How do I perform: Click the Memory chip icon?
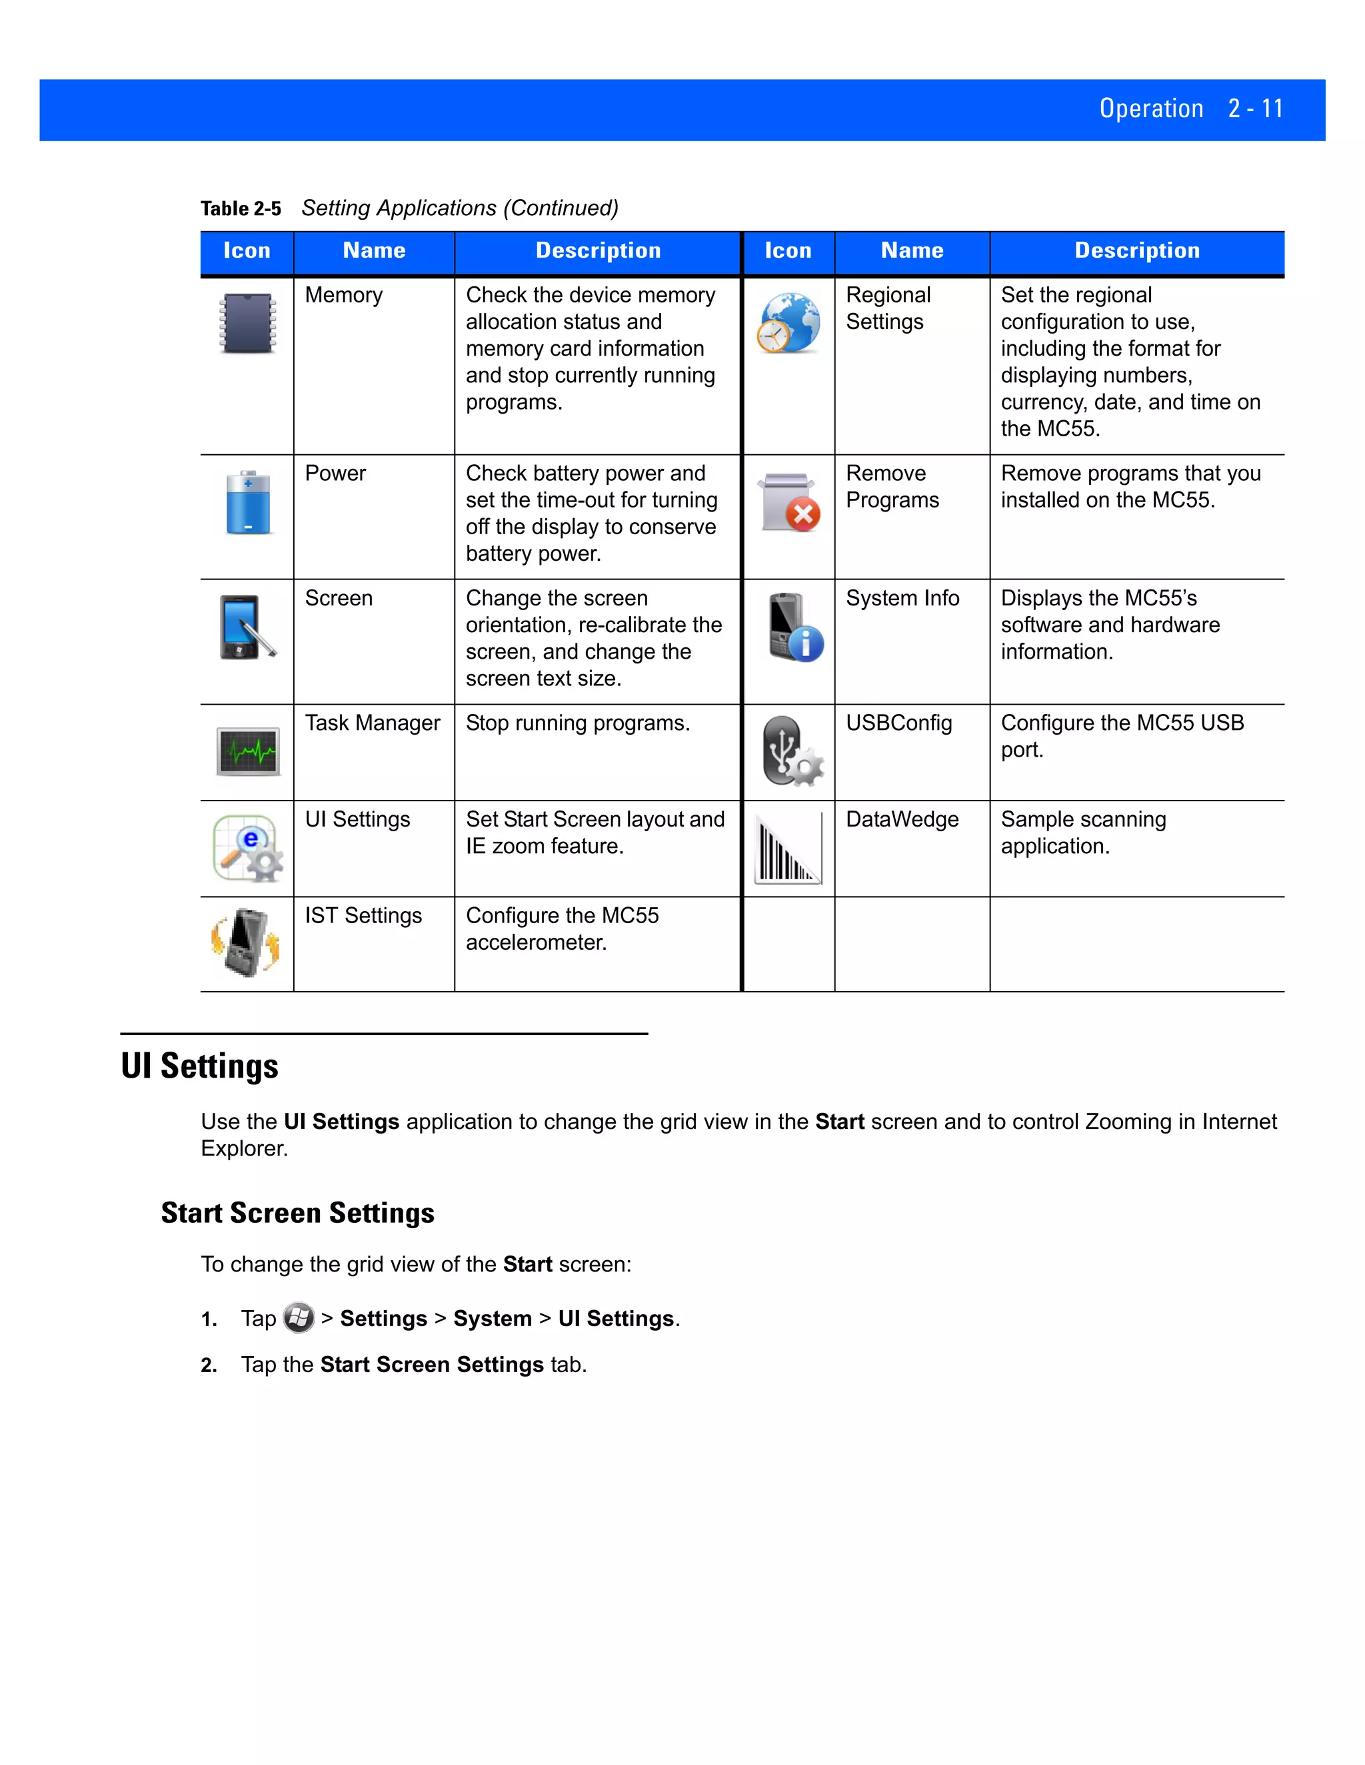(x=247, y=323)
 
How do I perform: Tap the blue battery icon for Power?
(x=248, y=503)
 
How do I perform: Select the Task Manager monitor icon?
(x=248, y=751)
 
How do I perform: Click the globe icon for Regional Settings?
(x=789, y=322)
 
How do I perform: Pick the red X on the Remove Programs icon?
(x=803, y=515)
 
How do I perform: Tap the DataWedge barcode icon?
(x=788, y=849)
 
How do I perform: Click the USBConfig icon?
(x=792, y=751)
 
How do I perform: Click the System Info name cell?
(x=902, y=598)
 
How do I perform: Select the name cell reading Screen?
(x=339, y=598)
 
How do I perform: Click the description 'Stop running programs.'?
(x=577, y=723)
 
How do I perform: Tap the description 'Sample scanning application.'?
(x=1083, y=833)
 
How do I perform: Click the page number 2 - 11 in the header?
(x=1255, y=109)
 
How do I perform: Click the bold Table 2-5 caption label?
(x=240, y=208)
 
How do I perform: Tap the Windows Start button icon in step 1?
(x=299, y=1318)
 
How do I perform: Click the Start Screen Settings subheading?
(x=297, y=1213)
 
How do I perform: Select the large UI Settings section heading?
(x=200, y=1066)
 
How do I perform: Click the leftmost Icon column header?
(x=247, y=250)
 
